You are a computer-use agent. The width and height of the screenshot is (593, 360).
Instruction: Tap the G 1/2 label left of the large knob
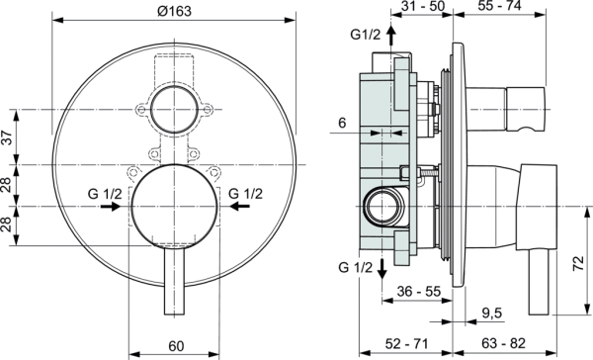point(102,193)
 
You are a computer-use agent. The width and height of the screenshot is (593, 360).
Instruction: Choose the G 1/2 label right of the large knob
point(246,193)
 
